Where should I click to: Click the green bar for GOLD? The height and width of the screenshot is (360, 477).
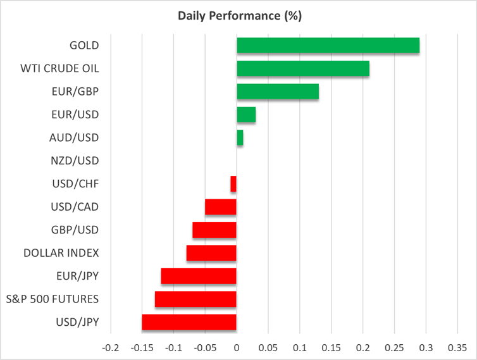pos(328,46)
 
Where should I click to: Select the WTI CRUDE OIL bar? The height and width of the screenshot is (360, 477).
pos(302,68)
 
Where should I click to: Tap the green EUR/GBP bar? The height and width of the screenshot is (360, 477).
pos(277,92)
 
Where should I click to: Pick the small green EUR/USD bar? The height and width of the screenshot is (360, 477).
pos(246,115)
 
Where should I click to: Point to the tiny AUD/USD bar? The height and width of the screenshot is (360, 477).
pos(240,137)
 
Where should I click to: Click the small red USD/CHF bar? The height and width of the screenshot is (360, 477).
pos(233,184)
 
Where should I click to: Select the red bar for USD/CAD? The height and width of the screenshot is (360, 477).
pos(221,207)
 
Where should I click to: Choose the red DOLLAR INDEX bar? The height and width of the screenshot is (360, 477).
pos(211,253)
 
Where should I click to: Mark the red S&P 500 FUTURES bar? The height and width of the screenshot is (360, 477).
pos(195,299)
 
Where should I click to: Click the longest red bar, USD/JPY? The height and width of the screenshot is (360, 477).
pos(189,322)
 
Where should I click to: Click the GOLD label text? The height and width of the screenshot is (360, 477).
pos(84,46)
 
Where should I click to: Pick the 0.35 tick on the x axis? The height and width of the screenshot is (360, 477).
pos(457,348)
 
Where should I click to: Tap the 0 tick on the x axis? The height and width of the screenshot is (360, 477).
pos(237,348)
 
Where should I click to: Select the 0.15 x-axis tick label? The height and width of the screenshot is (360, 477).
pos(331,348)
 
